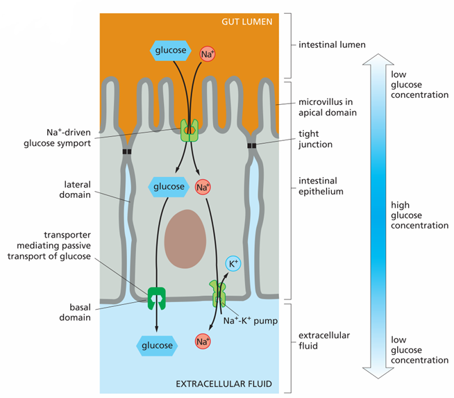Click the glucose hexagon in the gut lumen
coord(171,51)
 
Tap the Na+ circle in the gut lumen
coord(208,54)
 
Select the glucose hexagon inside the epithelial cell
coord(169,187)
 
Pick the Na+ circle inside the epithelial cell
coord(203,187)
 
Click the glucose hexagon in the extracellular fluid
coord(157,346)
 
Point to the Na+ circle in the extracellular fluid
coord(203,341)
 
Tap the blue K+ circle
coord(233,263)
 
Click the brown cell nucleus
coord(185,239)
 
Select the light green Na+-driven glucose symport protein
coord(190,131)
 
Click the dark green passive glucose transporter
coord(157,299)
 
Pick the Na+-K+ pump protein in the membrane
coord(217,293)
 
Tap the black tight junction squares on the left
coord(127,151)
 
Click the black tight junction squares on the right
coord(252,145)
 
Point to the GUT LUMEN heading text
coord(247,22)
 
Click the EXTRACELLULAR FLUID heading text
coord(224,384)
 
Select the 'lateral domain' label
coord(75,190)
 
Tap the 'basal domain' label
coord(75,313)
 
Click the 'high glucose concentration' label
coord(419,215)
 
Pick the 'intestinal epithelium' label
coord(321,186)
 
